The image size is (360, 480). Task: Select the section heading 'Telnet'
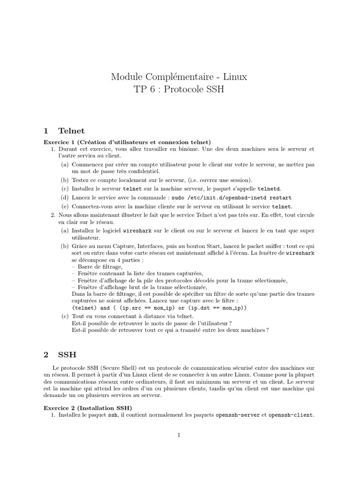(71, 130)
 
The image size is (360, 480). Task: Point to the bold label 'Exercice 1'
(60, 142)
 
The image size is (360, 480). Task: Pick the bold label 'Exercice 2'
(60, 408)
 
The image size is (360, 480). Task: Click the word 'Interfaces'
(142, 247)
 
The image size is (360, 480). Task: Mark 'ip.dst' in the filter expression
(199, 307)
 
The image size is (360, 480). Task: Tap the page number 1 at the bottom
(179, 435)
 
